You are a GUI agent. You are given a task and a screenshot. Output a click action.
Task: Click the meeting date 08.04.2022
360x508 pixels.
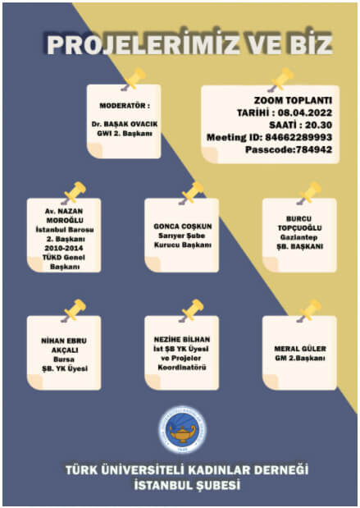tap(305, 112)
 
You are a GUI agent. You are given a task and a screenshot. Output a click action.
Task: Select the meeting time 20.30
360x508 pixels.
tap(319, 125)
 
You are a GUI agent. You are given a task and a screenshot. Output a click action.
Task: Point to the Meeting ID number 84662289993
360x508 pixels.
tap(298, 137)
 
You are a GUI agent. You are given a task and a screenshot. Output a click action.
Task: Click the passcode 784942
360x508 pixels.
tap(314, 149)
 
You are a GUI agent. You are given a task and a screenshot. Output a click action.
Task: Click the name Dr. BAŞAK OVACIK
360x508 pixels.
tap(125, 124)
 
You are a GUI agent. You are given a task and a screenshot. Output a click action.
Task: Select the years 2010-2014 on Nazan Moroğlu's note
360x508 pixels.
tap(64, 248)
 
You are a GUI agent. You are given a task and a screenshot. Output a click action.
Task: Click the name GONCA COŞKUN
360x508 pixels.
tap(183, 227)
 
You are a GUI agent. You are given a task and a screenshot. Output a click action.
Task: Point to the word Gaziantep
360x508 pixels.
tap(298, 237)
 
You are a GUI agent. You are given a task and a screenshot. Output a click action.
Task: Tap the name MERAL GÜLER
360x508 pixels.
tap(300, 349)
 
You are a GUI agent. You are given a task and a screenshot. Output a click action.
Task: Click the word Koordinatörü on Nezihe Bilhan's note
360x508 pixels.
tap(182, 368)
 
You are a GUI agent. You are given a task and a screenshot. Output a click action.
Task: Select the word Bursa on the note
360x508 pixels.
tap(64, 359)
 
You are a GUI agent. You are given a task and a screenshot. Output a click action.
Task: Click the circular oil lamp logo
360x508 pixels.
tap(182, 430)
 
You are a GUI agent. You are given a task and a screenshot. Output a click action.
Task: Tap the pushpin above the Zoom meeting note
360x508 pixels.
tap(280, 80)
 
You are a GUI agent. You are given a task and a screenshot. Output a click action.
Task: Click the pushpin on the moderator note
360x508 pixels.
tap(134, 80)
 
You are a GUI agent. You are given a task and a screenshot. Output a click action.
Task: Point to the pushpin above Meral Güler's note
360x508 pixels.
tap(309, 311)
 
